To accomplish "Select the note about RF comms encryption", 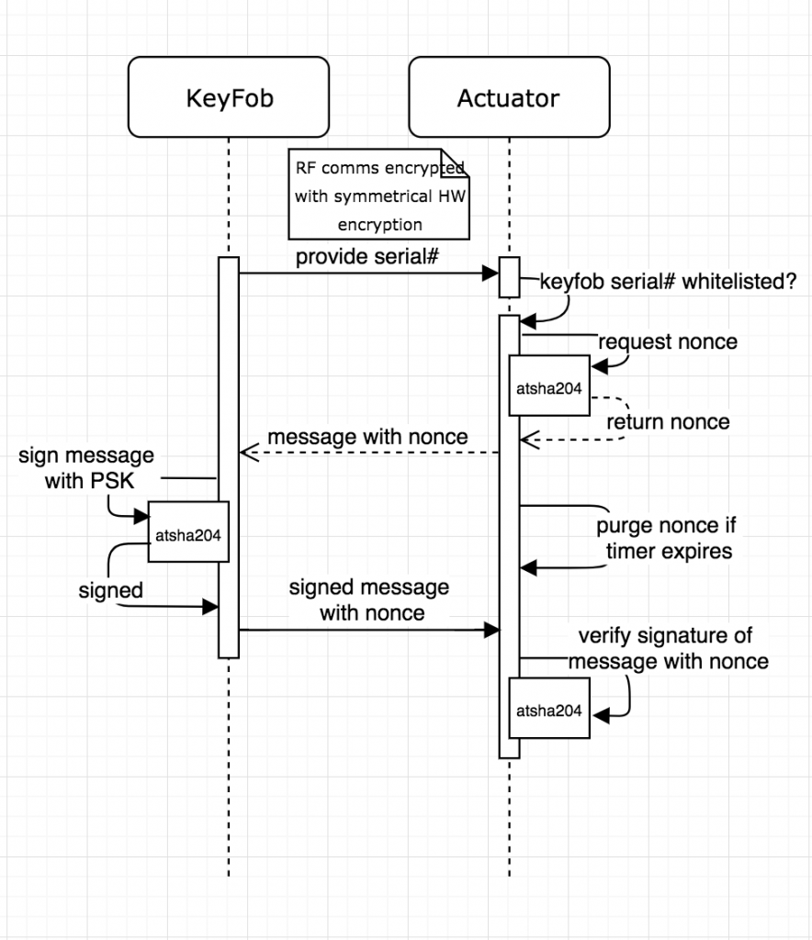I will pyautogui.click(x=378, y=195).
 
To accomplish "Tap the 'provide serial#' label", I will pyautogui.click(x=367, y=257).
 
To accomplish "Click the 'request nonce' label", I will pyautogui.click(x=667, y=342).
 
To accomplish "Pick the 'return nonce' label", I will pyautogui.click(x=668, y=422).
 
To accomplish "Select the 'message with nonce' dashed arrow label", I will pyautogui.click(x=367, y=437).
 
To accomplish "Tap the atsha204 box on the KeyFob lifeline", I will pyautogui.click(x=188, y=532).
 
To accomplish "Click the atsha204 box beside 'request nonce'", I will pyautogui.click(x=549, y=386).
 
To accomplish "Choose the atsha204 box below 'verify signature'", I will pyautogui.click(x=549, y=710).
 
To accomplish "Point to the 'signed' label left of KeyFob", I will pyautogui.click(x=110, y=591).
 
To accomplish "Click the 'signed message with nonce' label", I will pyautogui.click(x=369, y=599).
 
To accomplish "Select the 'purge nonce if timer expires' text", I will pyautogui.click(x=666, y=539).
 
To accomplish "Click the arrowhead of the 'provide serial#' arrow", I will pyautogui.click(x=493, y=273).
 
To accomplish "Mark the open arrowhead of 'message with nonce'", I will pyautogui.click(x=244, y=453).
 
